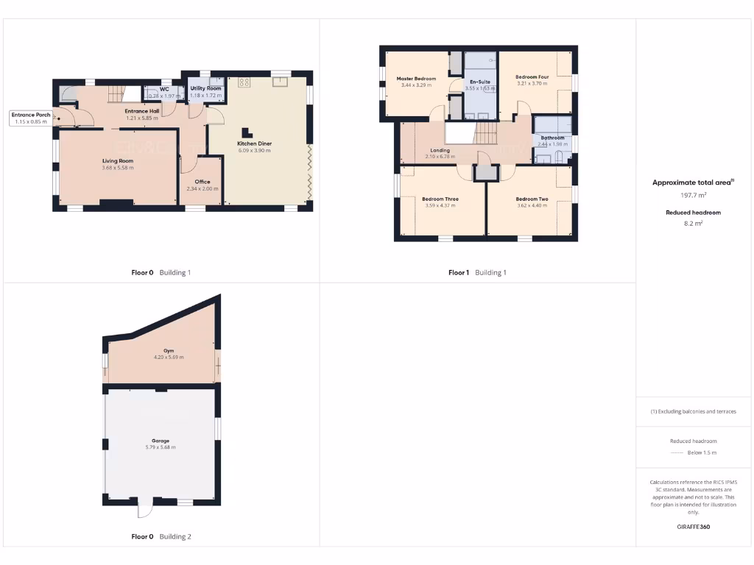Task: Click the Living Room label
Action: click(118, 160)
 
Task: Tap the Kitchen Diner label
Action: click(254, 143)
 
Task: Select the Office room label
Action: click(202, 182)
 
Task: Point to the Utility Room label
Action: click(201, 88)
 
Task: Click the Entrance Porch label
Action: click(31, 115)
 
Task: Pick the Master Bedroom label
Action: click(416, 79)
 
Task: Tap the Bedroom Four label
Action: click(532, 77)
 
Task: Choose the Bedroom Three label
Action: click(440, 199)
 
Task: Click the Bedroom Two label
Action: click(532, 199)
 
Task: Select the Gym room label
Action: click(169, 351)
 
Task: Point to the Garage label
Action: click(161, 441)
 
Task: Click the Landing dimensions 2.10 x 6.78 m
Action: click(440, 157)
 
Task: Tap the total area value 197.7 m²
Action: click(693, 196)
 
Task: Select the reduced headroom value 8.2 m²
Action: click(693, 222)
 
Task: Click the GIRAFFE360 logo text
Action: click(693, 527)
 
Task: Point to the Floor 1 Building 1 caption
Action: click(477, 273)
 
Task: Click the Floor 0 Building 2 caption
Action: click(161, 537)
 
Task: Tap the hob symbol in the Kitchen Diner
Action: click(244, 82)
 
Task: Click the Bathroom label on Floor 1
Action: click(552, 138)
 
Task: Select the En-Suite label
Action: click(479, 82)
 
